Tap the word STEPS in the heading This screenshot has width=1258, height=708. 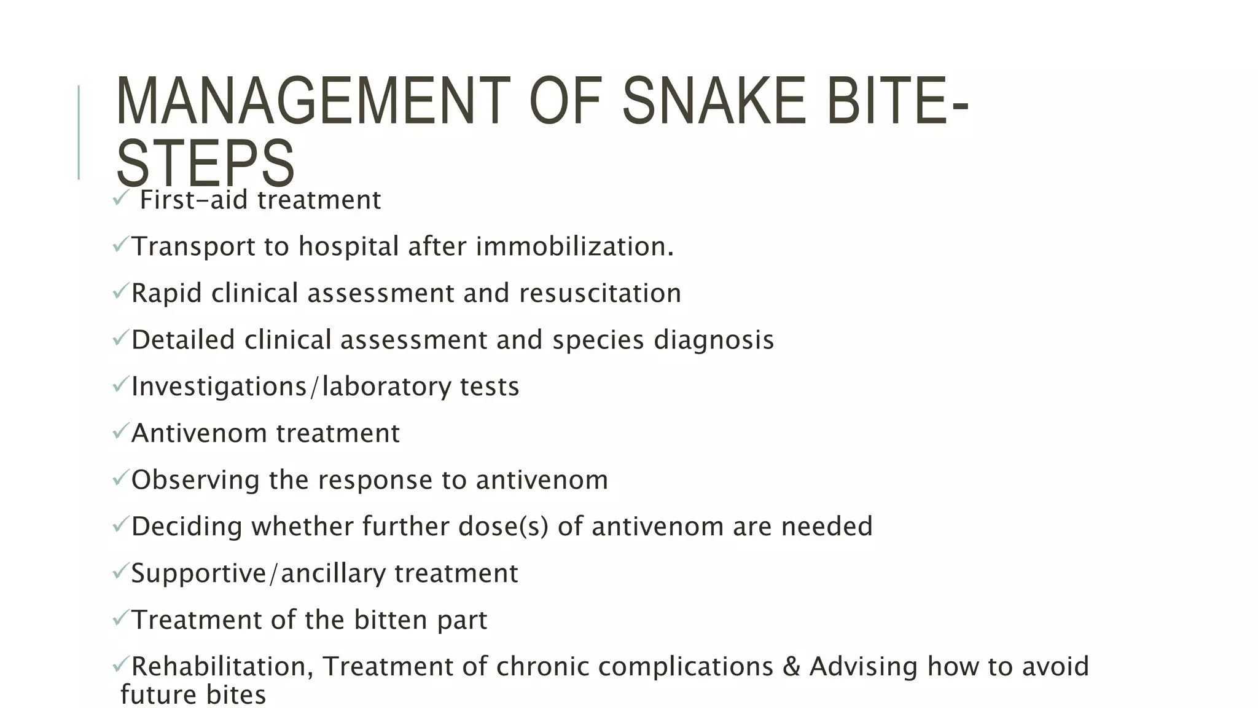(x=205, y=163)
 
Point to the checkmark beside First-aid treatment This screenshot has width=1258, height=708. (x=120, y=198)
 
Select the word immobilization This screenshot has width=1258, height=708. (x=574, y=246)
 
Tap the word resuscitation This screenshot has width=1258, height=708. (x=600, y=293)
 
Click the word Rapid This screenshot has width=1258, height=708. (x=166, y=293)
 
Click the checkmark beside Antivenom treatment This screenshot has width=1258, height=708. (x=120, y=431)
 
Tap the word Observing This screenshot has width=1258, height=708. (x=195, y=480)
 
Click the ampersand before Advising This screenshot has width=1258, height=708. (x=791, y=666)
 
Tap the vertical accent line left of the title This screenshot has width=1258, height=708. (x=79, y=132)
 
